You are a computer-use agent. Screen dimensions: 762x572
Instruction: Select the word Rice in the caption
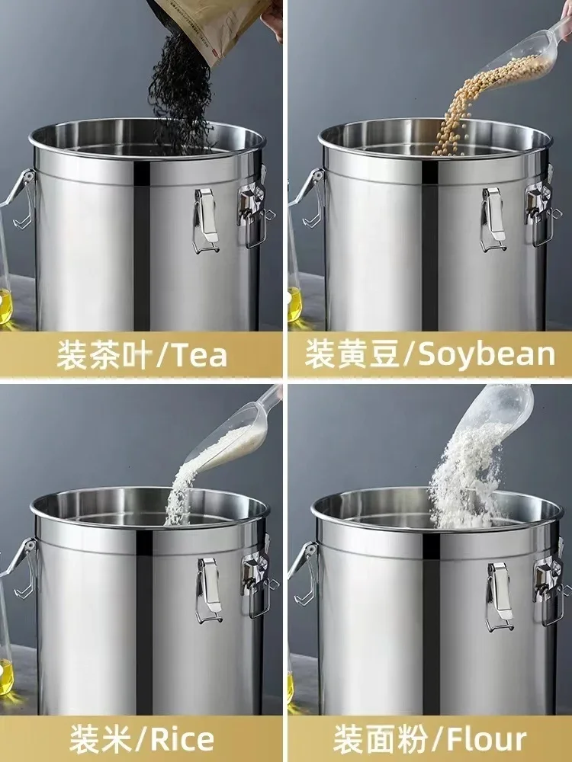coord(184,738)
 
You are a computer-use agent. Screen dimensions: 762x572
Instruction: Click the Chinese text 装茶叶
coord(103,355)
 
